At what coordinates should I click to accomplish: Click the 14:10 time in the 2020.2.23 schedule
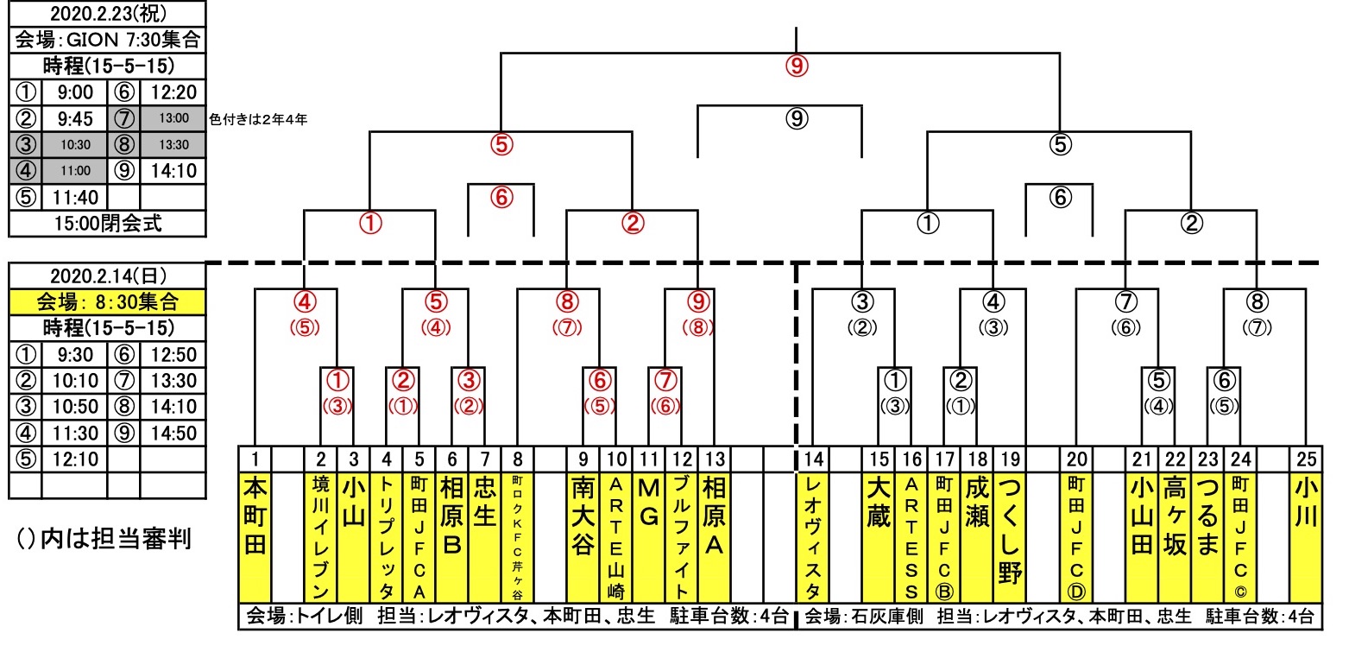[173, 170]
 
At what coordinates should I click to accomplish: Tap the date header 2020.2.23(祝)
[107, 14]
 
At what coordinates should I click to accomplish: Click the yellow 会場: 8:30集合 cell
[107, 301]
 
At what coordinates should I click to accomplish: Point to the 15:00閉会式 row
[107, 224]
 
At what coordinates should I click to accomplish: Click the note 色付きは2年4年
[258, 119]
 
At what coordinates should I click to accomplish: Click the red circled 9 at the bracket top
[796, 65]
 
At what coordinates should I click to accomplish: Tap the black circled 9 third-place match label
[796, 118]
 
